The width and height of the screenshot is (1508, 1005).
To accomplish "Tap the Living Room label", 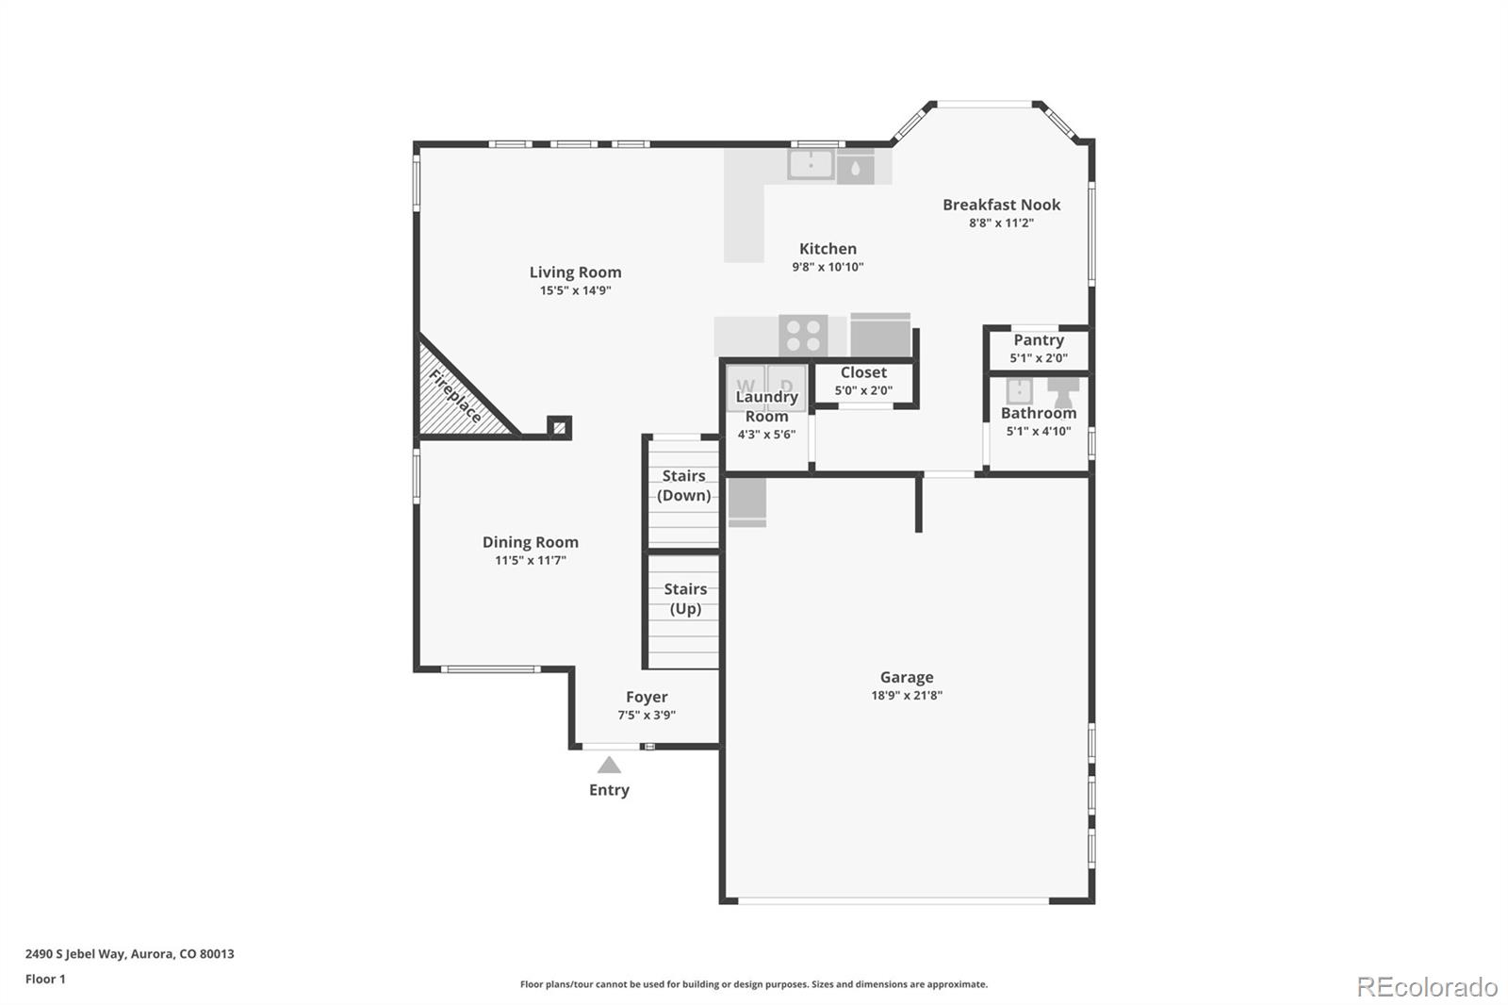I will click(575, 272).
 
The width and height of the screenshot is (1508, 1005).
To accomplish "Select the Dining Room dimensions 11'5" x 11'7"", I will click(531, 561).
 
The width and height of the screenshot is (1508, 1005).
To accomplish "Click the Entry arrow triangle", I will click(609, 766).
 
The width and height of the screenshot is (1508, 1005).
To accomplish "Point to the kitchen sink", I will click(811, 165).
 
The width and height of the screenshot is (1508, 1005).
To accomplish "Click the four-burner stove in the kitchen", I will click(803, 335).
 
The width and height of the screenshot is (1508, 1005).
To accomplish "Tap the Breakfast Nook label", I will click(1001, 205).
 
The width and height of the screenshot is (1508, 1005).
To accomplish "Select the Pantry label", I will click(1039, 340).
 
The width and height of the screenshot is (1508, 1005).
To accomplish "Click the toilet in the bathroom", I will click(1063, 390).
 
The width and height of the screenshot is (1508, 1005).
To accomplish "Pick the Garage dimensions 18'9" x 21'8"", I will click(907, 696).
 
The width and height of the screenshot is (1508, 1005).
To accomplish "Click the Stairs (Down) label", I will click(683, 486).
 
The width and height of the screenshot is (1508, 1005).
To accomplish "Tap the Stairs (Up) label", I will click(685, 599).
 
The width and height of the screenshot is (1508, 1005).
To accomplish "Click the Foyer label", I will click(647, 697).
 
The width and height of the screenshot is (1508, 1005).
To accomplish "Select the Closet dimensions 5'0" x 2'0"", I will click(863, 390).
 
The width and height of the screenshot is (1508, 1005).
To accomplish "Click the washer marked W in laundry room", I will click(746, 386).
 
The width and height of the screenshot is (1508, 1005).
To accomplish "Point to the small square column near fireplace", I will click(559, 427).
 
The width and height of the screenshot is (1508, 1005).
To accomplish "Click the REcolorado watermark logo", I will click(1427, 987).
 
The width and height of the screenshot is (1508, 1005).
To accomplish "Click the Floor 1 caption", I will click(45, 979).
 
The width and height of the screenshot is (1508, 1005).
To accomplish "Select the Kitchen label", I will click(828, 249).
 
